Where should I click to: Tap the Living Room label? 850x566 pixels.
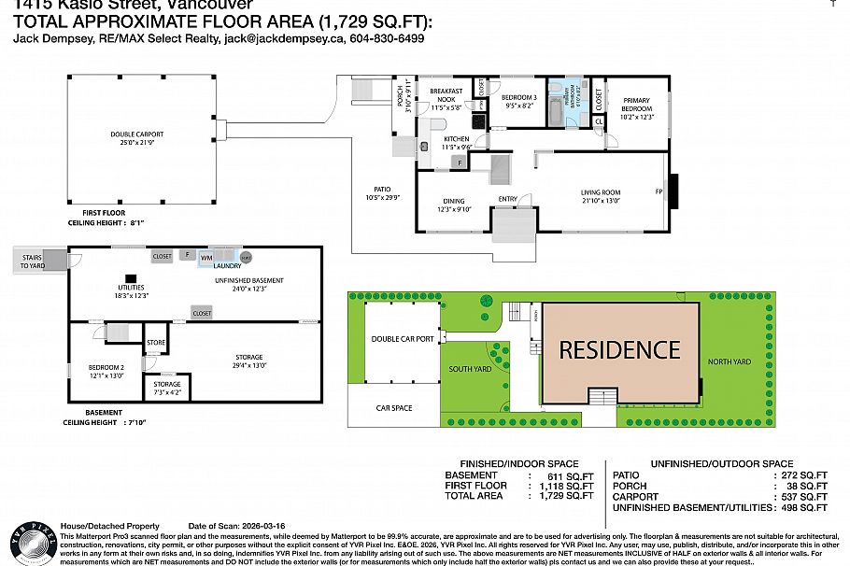coord(600,195)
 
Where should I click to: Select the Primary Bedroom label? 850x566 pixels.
coord(637,106)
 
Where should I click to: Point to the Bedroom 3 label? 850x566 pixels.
coord(518,101)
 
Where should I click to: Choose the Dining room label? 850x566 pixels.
coord(453,204)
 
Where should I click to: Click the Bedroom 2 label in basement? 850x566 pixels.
coord(106,372)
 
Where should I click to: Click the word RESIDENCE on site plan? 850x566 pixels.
coord(619,350)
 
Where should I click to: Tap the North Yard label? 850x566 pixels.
coord(729,361)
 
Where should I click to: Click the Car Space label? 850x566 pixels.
coord(393,407)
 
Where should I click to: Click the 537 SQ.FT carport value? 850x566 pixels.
coord(800,497)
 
